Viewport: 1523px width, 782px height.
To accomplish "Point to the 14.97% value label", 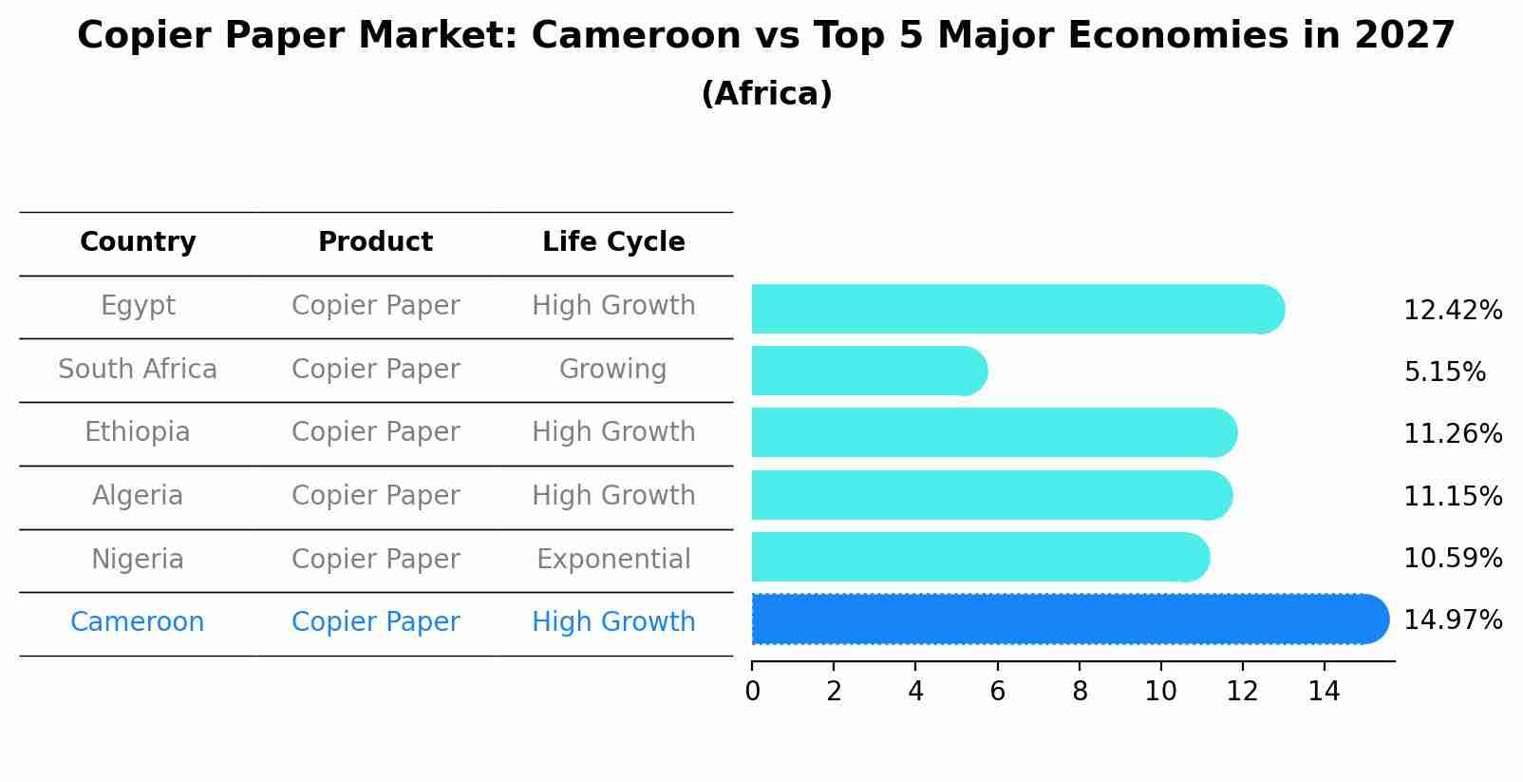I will tap(1452, 620).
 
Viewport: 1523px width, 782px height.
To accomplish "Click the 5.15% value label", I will tap(1444, 372).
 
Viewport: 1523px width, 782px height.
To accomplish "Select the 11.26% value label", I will tap(1452, 434).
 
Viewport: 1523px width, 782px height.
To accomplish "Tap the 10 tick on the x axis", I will tap(1160, 692).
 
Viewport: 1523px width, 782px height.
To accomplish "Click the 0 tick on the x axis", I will tap(752, 692).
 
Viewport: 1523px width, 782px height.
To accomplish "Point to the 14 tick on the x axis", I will tap(1324, 692).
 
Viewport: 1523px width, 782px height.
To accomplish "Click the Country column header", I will tap(138, 242).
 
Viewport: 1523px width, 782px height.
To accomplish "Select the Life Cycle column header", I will tap(613, 242).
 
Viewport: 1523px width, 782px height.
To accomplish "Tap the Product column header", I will tap(375, 242).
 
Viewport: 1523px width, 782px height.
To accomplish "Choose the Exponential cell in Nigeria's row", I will tap(613, 560).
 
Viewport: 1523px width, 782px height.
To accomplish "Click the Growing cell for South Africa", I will tap(612, 370).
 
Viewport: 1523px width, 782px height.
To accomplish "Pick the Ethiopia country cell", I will tap(138, 432).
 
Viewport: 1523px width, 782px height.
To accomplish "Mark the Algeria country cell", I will tap(138, 496).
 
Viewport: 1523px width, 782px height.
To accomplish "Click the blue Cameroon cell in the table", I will tap(138, 622).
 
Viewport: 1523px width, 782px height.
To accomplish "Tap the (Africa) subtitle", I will tap(766, 94).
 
